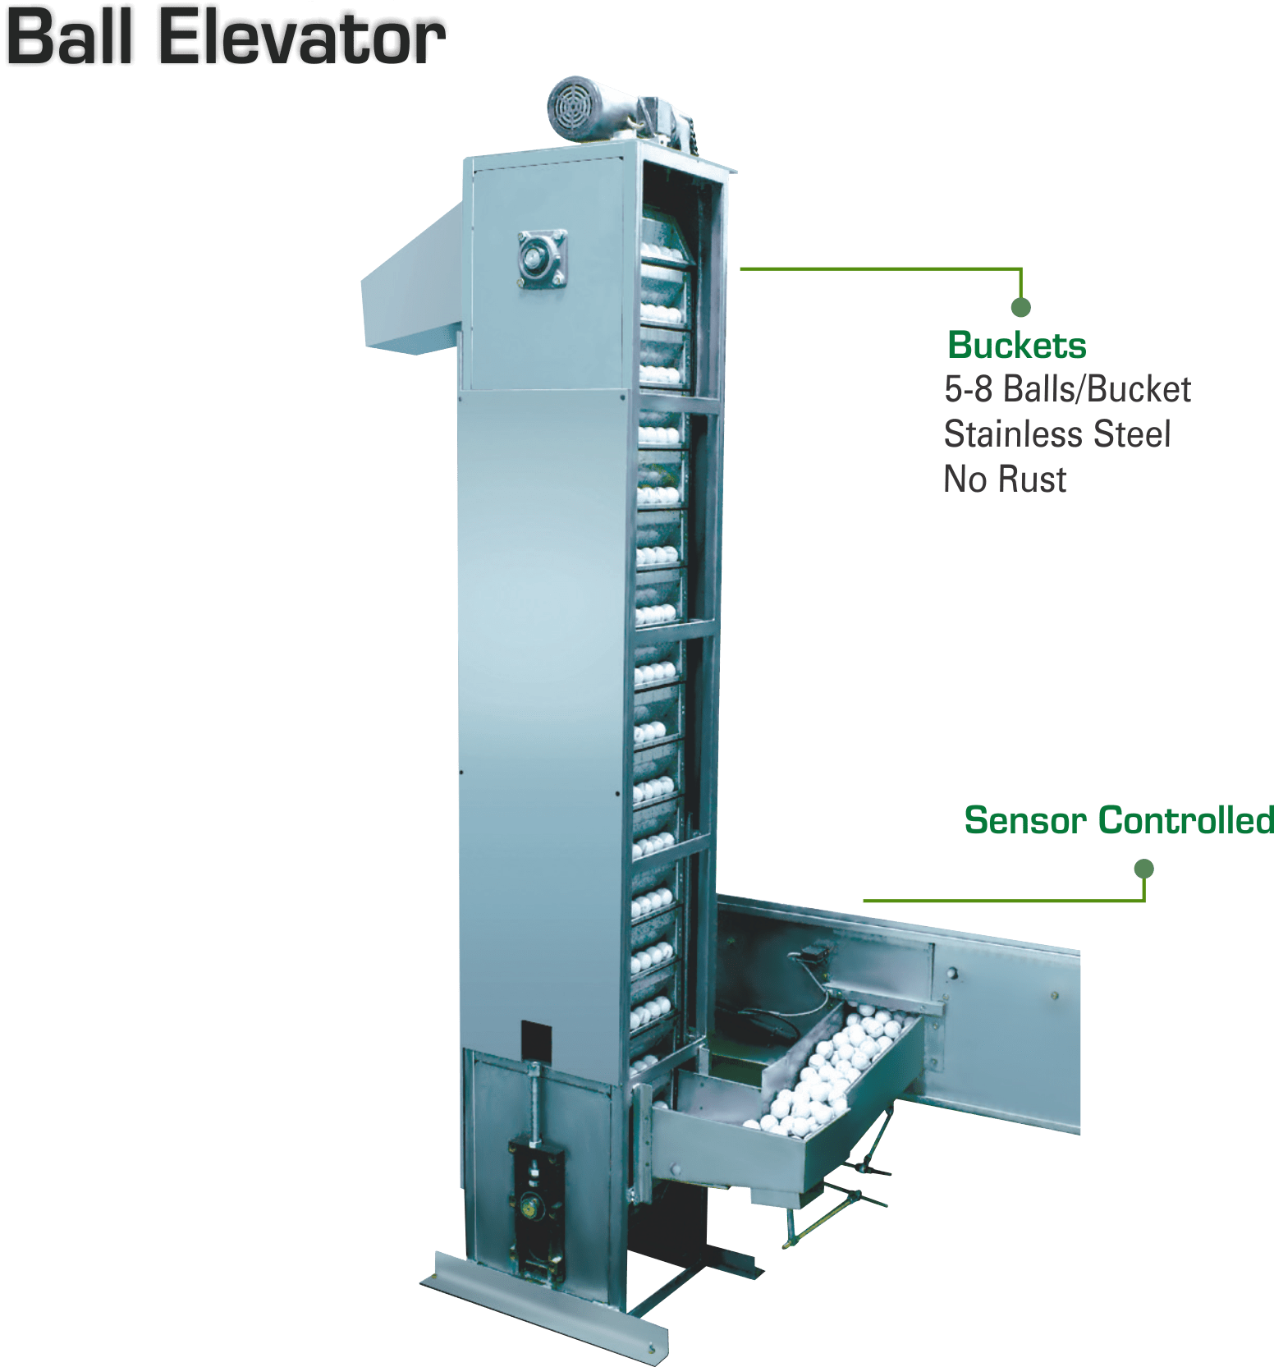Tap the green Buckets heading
click(x=1017, y=345)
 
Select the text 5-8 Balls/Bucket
click(x=1067, y=389)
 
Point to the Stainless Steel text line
click(x=1057, y=434)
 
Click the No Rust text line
click(x=1005, y=479)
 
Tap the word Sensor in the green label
click(x=1024, y=819)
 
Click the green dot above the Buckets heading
click(x=1020, y=308)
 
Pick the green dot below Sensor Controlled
click(x=1143, y=868)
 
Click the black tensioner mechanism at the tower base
click(x=536, y=1199)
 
